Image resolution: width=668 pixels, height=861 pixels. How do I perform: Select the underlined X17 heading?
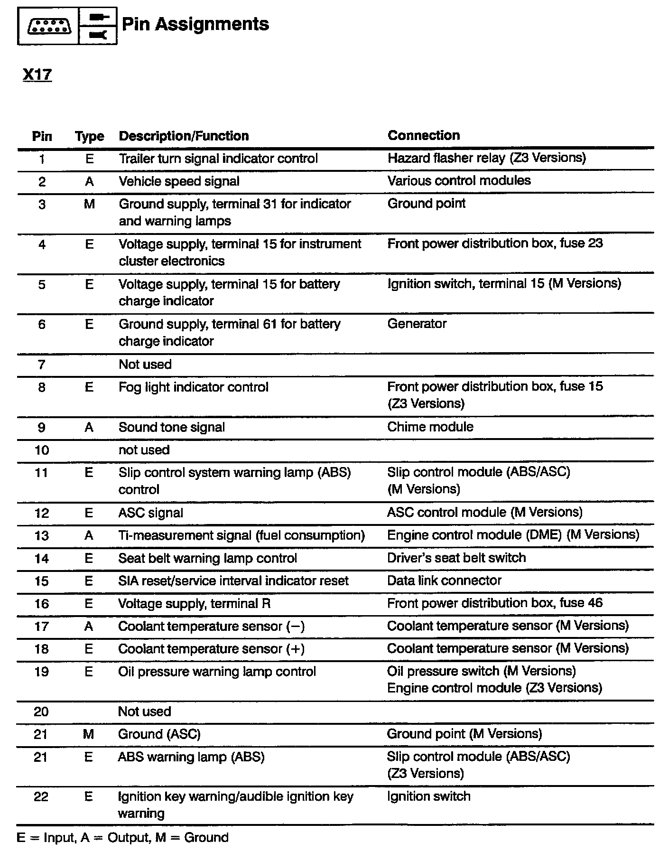(x=37, y=75)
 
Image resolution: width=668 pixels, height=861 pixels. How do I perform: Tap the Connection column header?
(x=423, y=135)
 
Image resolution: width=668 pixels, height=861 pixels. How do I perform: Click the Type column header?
(x=89, y=137)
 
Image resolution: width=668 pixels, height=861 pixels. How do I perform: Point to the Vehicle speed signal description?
(x=179, y=181)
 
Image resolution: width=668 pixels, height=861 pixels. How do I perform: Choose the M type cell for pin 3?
(x=89, y=204)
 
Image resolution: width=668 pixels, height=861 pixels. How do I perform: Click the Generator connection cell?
(x=417, y=324)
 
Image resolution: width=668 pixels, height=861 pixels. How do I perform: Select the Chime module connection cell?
(x=430, y=427)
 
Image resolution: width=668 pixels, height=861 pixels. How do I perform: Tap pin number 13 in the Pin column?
(x=42, y=535)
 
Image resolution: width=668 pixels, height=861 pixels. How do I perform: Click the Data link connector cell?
(x=444, y=580)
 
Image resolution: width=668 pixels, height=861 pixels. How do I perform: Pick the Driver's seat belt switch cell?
(x=456, y=558)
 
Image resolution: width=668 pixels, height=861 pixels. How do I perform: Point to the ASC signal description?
(x=150, y=513)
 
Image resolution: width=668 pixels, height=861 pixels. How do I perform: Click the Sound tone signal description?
(x=171, y=427)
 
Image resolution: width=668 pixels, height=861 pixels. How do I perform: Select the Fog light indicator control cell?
(x=193, y=387)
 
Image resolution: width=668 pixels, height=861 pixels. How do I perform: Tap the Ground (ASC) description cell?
(x=159, y=734)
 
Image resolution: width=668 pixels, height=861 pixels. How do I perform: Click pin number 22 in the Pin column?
(x=41, y=796)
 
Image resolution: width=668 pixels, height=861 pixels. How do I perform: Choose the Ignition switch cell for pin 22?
(x=428, y=796)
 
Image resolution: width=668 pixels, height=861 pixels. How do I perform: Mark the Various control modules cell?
(x=459, y=181)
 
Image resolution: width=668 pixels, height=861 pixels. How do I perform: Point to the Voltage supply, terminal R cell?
(x=194, y=604)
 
